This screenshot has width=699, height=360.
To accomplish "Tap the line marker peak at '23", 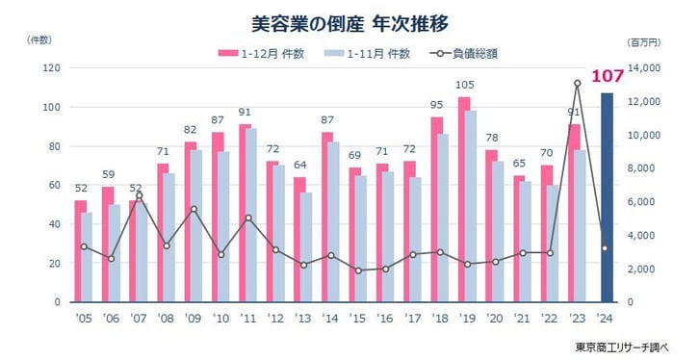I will tap(578, 83).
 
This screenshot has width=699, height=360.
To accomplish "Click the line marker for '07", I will tap(140, 195).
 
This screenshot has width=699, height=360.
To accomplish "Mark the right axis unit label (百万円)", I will tap(644, 41).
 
